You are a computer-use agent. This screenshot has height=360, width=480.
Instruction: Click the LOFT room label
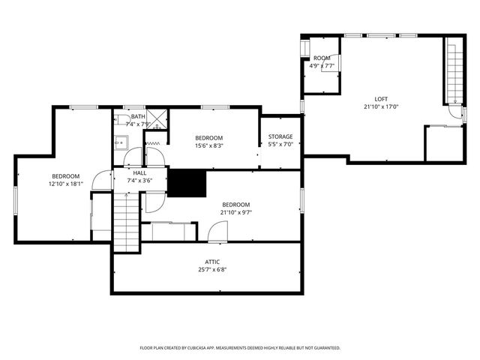point(382,98)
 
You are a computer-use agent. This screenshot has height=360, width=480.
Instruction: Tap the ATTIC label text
point(213,262)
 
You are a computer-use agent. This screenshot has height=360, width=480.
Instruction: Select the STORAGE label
point(280,136)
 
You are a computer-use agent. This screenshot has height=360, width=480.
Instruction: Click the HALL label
point(130,172)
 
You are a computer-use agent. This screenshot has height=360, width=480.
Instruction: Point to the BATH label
point(138,116)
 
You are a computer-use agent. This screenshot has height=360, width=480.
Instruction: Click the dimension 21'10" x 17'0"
point(382,106)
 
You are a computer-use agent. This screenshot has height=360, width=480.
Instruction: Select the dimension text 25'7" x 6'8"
point(213,269)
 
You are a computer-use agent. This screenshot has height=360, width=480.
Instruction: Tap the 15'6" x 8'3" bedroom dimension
point(208,145)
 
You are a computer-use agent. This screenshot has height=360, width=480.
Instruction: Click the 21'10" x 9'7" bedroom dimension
point(235,212)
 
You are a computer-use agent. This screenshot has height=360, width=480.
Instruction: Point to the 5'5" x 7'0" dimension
point(280,144)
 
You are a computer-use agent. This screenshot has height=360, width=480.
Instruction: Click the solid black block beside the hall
point(186,183)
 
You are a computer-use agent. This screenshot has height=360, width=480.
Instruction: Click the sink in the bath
point(119,141)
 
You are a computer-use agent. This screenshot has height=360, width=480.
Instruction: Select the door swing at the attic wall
point(217,232)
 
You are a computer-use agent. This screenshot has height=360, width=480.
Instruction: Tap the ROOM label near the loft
point(322,58)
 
